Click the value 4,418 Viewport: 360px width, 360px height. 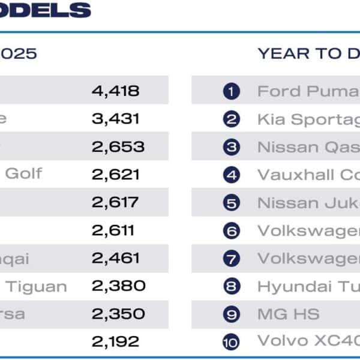[x=115, y=91]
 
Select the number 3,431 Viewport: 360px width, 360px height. [x=115, y=119]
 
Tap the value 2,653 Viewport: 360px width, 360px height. [x=118, y=147]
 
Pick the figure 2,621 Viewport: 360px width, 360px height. [x=115, y=175]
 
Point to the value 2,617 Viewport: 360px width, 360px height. [x=115, y=203]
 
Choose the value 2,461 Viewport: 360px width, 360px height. [x=115, y=259]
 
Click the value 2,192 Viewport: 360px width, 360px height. [x=115, y=342]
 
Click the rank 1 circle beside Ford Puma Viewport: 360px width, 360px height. [x=231, y=92]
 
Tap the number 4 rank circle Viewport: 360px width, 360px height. [x=231, y=175]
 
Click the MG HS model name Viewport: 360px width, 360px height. [x=288, y=314]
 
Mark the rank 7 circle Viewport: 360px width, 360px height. [x=231, y=259]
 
